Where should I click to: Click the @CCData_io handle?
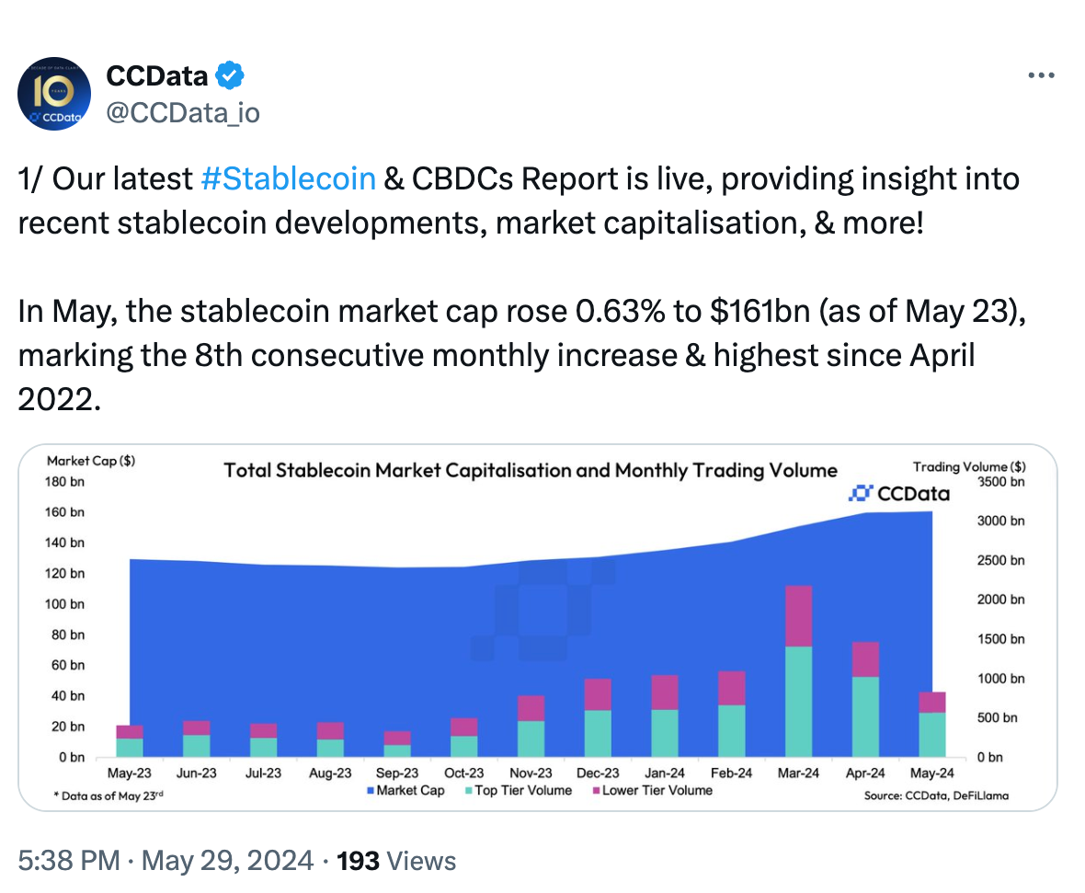[x=183, y=112]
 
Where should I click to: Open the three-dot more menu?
[x=1040, y=75]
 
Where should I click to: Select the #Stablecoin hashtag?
[x=287, y=177]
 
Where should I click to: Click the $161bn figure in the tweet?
[x=759, y=312]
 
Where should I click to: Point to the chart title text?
[x=531, y=471]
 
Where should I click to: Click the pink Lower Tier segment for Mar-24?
[x=798, y=616]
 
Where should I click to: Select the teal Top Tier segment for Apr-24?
[x=865, y=716]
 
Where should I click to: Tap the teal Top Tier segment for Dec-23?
[x=598, y=733]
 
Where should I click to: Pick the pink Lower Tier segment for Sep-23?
[x=397, y=738]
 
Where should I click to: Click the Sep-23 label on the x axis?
[x=397, y=773]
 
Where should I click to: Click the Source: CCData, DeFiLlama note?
[x=935, y=796]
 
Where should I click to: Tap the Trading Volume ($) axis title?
[x=969, y=467]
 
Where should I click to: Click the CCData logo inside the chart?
[x=899, y=494]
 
